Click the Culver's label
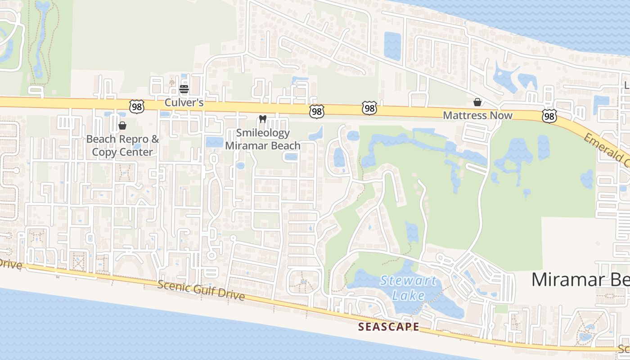click(x=184, y=103)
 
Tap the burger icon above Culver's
click(x=184, y=89)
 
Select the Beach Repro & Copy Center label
click(x=122, y=145)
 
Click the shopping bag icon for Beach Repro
click(x=122, y=126)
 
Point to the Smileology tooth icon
click(x=263, y=119)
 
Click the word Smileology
click(x=263, y=133)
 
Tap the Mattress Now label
click(x=477, y=116)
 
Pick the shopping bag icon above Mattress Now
click(x=477, y=103)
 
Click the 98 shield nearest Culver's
click(x=136, y=107)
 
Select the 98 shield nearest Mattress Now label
click(x=549, y=117)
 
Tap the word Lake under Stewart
click(x=408, y=296)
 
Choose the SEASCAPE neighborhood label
click(x=389, y=327)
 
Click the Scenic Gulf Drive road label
click(x=201, y=290)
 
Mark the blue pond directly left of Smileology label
click(x=214, y=142)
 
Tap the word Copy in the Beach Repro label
click(x=107, y=152)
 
